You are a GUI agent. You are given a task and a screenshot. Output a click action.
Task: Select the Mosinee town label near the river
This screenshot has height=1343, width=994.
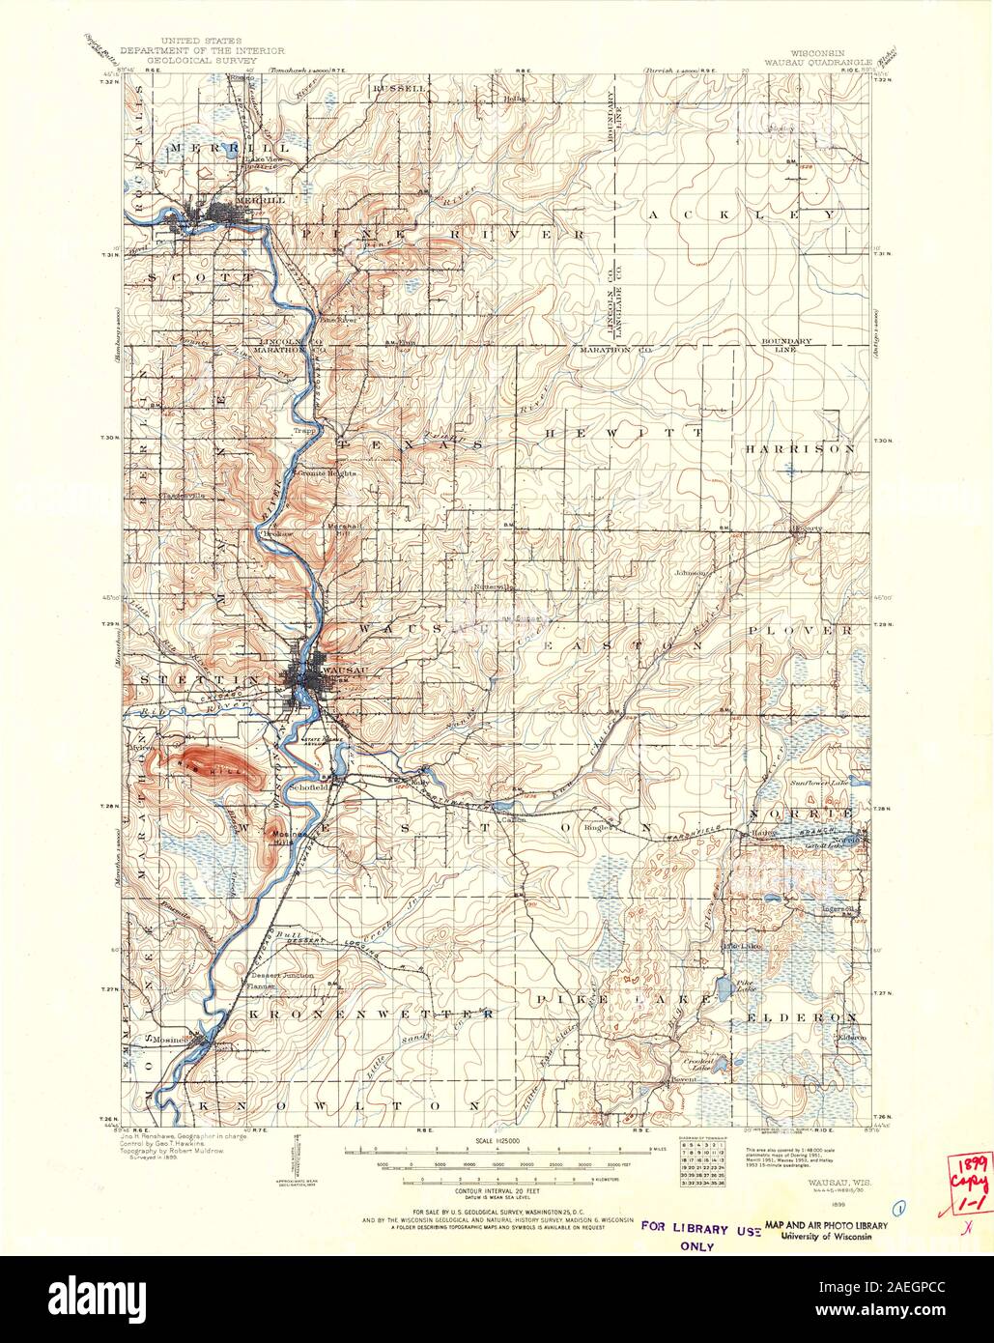(x=174, y=1038)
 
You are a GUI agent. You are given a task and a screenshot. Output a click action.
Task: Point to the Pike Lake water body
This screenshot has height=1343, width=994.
(x=722, y=990)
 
